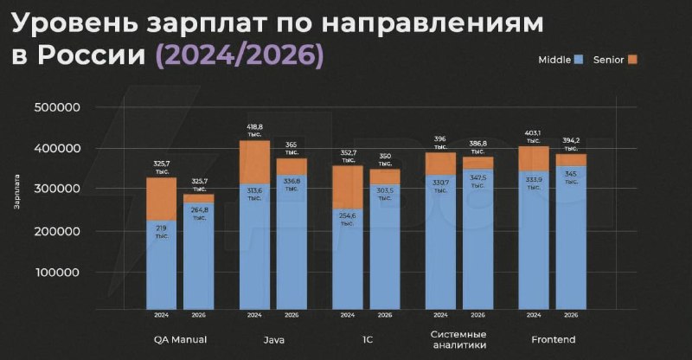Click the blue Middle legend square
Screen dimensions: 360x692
click(579, 60)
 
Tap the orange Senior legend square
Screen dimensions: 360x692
click(632, 60)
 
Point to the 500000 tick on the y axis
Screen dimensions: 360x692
click(55, 107)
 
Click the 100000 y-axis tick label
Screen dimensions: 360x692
click(55, 272)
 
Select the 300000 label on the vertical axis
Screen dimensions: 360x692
click(55, 189)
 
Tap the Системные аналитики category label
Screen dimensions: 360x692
click(458, 339)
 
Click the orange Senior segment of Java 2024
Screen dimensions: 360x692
click(254, 162)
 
